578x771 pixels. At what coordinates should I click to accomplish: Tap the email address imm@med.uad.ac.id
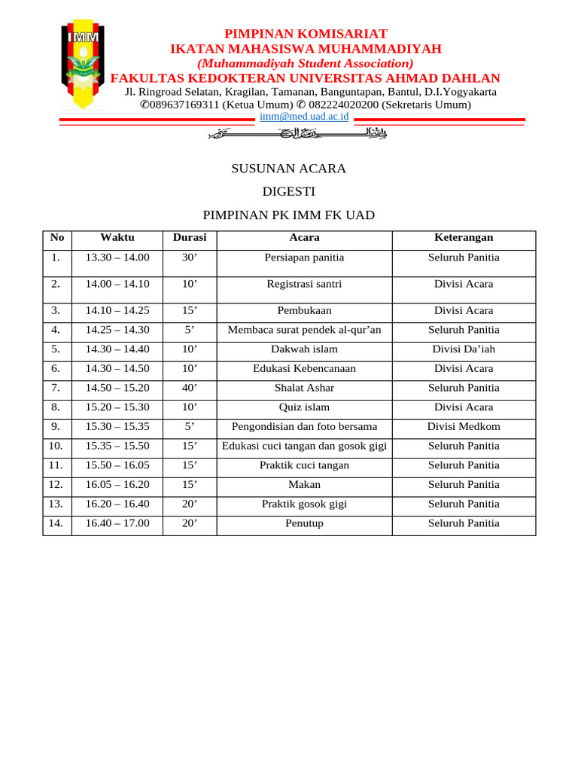pos(304,117)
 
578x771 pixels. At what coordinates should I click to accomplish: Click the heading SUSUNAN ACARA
pos(289,169)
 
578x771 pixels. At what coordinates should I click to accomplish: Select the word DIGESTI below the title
pos(289,191)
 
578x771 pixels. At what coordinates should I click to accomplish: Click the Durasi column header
pos(190,237)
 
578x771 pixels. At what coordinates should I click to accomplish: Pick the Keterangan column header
pos(464,237)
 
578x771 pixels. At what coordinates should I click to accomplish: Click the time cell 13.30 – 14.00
pos(117,258)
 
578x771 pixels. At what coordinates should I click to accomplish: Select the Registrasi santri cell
pos(304,284)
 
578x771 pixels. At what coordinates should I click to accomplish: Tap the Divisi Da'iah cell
pos(464,349)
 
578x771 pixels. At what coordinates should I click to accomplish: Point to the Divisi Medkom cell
pos(464,427)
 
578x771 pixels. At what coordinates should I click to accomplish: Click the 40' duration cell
pos(190,388)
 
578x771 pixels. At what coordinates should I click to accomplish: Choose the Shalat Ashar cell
pos(304,388)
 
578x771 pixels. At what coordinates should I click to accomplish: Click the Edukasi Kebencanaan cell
pos(304,369)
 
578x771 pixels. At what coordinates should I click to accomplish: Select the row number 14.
pos(56,523)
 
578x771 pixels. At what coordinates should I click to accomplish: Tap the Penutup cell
pos(304,523)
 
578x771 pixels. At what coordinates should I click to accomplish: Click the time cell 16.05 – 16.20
pos(117,485)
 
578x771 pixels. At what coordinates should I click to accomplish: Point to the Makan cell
pos(304,485)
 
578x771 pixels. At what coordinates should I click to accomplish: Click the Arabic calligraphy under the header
pos(297,135)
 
